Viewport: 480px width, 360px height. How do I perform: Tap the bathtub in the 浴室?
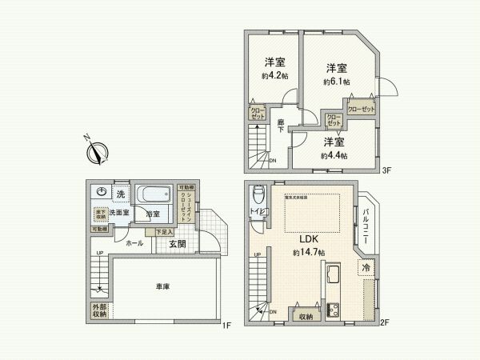[x=153, y=195]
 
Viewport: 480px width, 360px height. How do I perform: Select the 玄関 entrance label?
[x=177, y=243]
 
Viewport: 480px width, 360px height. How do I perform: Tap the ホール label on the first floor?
[x=135, y=243]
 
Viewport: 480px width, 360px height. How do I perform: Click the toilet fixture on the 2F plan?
[x=258, y=197]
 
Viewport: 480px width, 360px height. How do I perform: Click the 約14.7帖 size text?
[x=309, y=253]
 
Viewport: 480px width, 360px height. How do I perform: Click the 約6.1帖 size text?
[x=337, y=82]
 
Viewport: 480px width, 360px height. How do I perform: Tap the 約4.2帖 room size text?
[x=273, y=76]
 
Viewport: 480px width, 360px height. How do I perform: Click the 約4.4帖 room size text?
[x=334, y=155]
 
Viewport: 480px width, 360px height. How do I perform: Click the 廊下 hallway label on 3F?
[x=282, y=126]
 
